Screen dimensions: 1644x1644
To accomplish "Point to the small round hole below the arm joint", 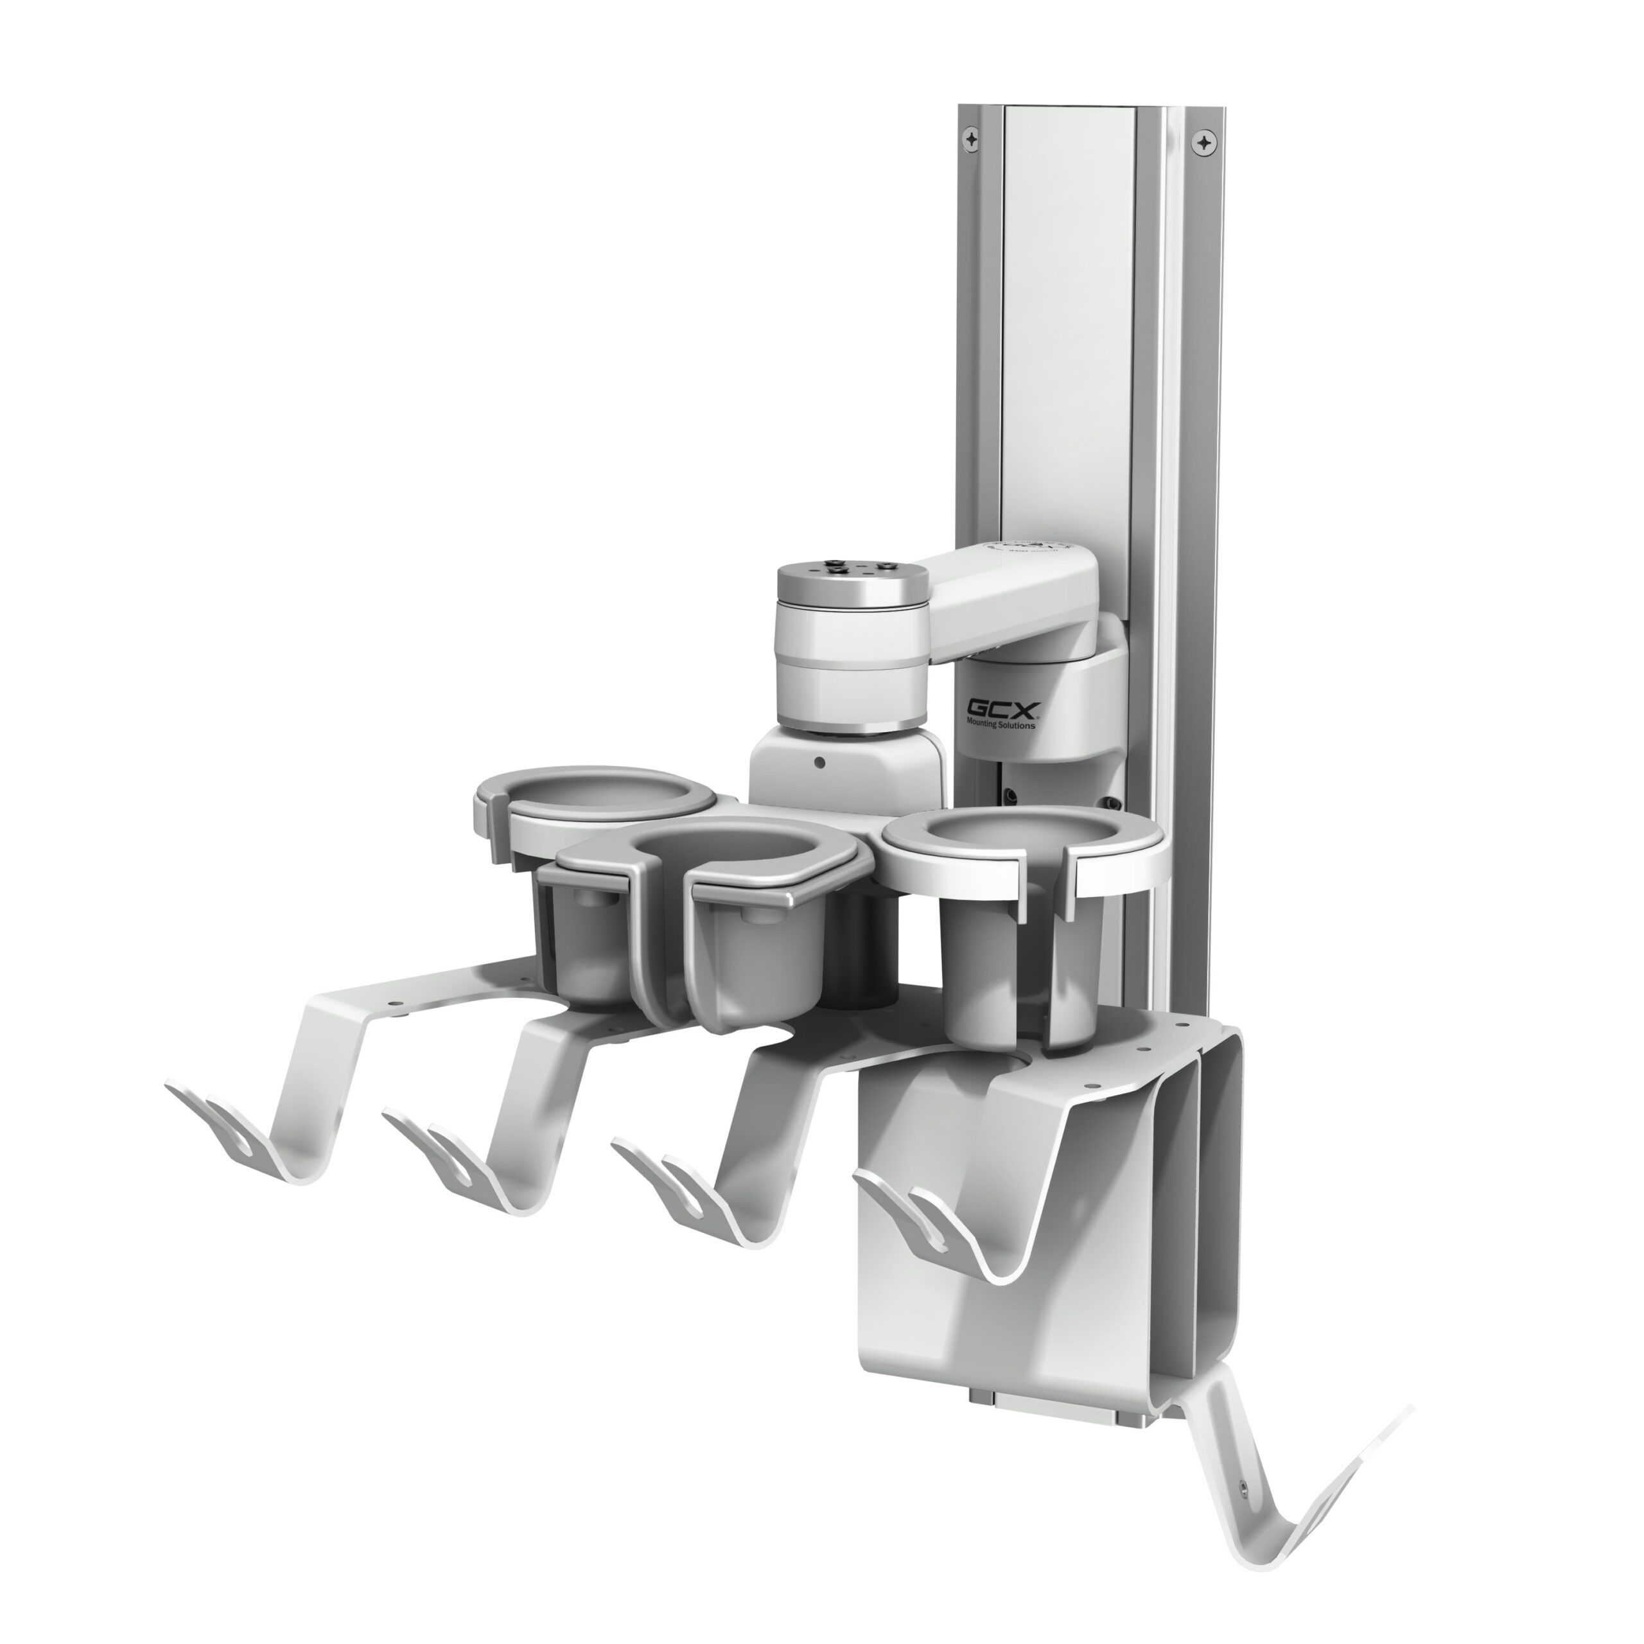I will pyautogui.click(x=819, y=762).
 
